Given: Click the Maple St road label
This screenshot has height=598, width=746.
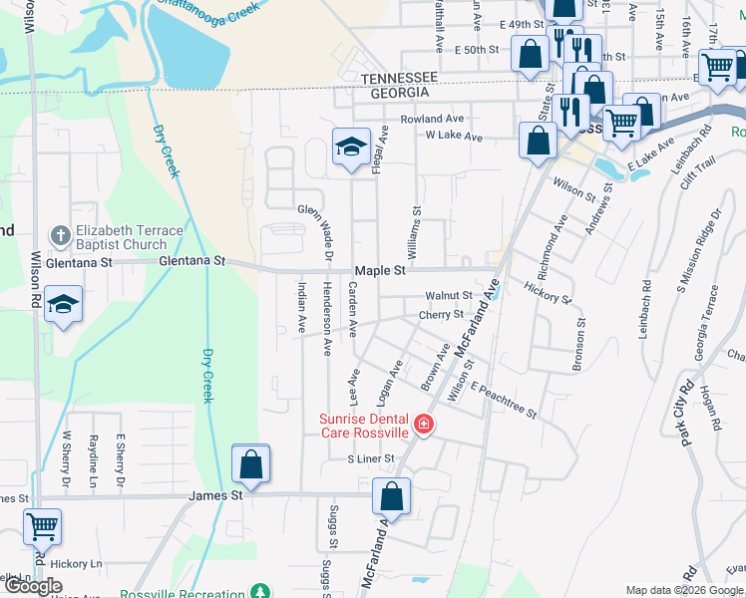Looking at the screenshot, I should pos(380,271).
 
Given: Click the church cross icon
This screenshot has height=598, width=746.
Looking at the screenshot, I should pos(61,236).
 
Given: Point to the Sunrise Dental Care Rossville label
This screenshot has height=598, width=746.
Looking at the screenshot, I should pos(365,426).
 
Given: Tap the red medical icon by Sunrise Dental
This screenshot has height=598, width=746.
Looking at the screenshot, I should pos(424,425).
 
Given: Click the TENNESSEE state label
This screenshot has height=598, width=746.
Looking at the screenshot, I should pos(399,78).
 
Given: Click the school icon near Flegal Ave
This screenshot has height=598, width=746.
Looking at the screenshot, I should pos(351,148).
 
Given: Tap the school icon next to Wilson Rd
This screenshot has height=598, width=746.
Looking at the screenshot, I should pos(63,304).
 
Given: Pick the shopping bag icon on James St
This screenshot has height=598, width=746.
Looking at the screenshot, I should pos(250,463).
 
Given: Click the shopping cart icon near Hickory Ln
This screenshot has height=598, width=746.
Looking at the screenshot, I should pos(42,525).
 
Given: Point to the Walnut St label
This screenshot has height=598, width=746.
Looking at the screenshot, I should pos(449,296).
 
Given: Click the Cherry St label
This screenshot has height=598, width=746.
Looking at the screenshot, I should pos(441,314).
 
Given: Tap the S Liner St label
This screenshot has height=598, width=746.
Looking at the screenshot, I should pos(371,458).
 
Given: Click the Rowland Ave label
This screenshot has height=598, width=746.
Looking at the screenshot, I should pos(433,119).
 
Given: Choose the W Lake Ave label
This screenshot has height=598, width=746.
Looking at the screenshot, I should pos(454,137).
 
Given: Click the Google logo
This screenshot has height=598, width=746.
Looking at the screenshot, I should pos(34,586).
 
